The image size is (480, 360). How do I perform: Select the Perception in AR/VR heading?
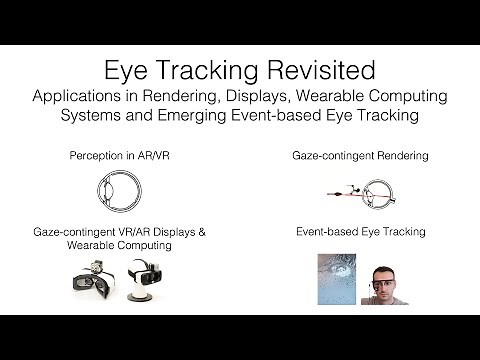[116, 157]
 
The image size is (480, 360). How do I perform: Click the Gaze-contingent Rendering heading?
[360, 157]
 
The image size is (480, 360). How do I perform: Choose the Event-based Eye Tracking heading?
[360, 231]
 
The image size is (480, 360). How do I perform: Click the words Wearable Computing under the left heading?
[116, 244]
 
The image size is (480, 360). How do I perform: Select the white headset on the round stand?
[140, 283]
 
